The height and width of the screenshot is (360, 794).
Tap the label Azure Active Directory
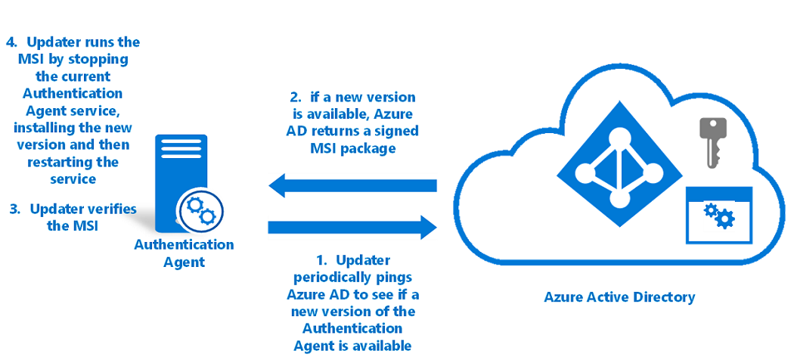point(619,296)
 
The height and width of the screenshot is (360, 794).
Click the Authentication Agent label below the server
point(184,253)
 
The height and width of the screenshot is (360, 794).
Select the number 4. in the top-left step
point(13,42)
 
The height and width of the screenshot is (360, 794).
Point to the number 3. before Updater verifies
point(14,209)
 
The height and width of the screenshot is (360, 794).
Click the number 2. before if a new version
point(296,98)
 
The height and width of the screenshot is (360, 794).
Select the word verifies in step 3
point(110,209)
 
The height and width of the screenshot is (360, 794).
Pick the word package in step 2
point(371,149)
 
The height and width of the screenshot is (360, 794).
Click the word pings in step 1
point(393,277)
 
